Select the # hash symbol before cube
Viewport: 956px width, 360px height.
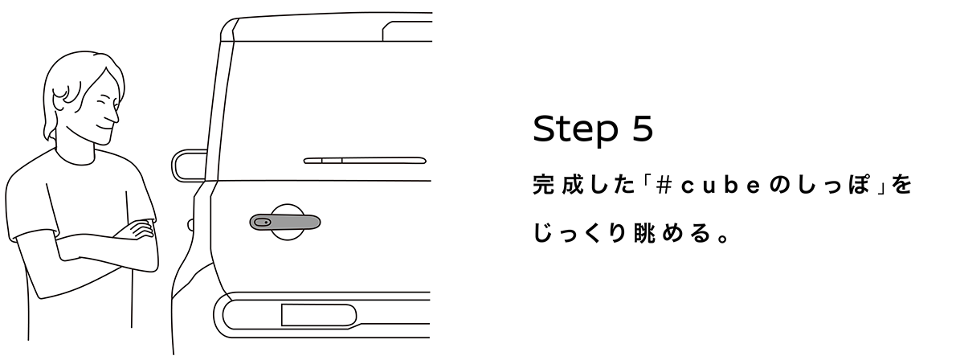pos(664,186)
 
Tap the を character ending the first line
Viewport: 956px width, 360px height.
pos(903,186)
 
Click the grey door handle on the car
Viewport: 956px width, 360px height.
pos(284,221)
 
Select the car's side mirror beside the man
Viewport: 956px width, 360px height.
pos(189,165)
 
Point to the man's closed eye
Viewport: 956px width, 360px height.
pos(102,105)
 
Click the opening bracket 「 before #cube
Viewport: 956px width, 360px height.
pos(642,186)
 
